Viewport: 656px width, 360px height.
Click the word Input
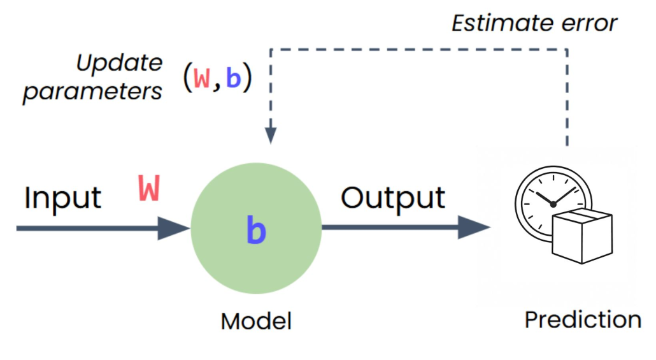click(62, 198)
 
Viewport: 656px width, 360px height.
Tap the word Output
click(392, 198)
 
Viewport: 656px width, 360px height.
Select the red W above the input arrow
click(149, 189)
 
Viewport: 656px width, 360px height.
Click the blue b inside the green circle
click(255, 231)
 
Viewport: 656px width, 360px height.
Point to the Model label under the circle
click(256, 320)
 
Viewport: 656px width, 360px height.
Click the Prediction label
click(582, 319)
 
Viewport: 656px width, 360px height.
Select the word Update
click(120, 64)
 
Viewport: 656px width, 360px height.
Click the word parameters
click(93, 92)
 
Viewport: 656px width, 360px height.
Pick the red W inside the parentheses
click(202, 78)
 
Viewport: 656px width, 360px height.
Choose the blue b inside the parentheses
click(233, 78)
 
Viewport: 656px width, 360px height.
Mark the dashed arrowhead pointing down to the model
click(271, 135)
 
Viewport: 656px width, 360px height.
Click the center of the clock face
click(553, 204)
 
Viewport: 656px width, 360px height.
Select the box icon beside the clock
click(581, 236)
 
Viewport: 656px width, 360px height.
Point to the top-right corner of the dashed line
click(567, 49)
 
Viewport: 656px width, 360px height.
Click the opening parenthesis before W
click(187, 78)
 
